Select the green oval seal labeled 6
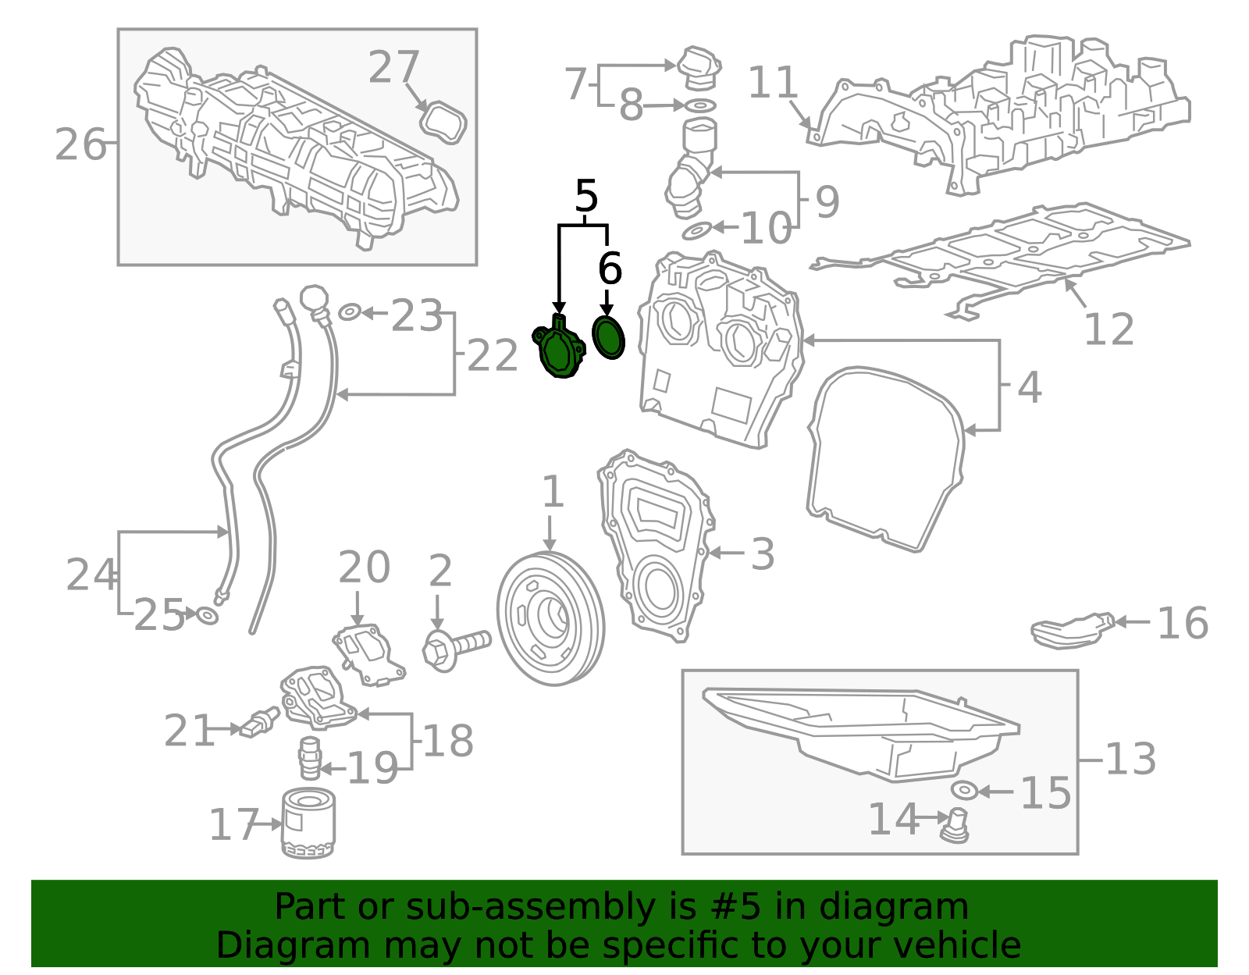coord(608,337)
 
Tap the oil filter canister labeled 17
coord(308,824)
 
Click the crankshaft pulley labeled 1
coord(550,618)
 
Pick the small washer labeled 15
coord(965,791)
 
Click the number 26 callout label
coord(80,145)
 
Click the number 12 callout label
coord(1108,329)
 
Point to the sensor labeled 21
coord(259,722)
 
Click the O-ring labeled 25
coord(207,616)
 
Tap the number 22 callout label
coord(493,356)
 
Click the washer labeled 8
coord(700,105)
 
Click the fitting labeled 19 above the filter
coord(310,756)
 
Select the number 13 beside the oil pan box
coord(1130,759)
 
